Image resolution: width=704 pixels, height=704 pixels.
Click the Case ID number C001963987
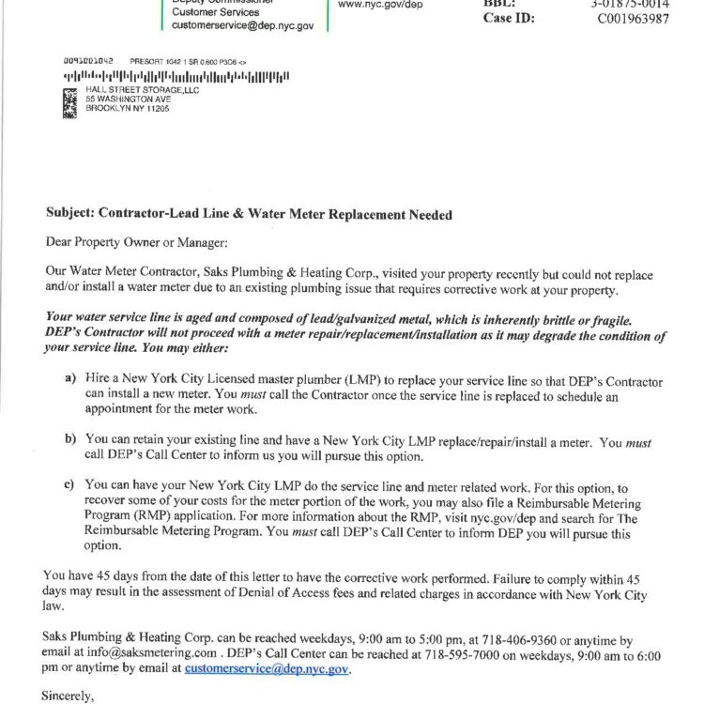click(x=633, y=19)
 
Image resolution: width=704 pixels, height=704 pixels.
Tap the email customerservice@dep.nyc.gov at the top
click(x=242, y=26)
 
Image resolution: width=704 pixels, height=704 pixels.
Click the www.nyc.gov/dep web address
click(x=380, y=4)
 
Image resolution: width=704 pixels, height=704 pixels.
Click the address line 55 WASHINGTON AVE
click(x=130, y=99)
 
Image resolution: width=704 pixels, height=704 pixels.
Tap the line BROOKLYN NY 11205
click(x=127, y=109)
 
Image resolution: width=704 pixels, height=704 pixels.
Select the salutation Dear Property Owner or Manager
click(x=137, y=242)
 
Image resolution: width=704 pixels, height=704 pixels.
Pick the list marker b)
click(x=69, y=438)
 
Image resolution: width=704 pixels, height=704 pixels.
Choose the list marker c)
click(x=69, y=485)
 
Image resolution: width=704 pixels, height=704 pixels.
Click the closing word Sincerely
click(x=72, y=696)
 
